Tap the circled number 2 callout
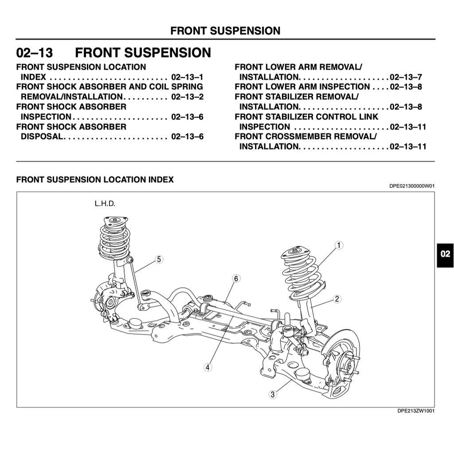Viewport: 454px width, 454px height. point(337,299)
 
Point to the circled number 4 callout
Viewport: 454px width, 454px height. point(207,367)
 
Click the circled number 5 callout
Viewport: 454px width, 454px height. point(159,259)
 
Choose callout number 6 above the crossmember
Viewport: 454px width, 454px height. point(236,278)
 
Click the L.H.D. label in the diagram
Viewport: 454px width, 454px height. point(105,204)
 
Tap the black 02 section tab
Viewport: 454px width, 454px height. point(445,254)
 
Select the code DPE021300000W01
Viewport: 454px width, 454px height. point(412,186)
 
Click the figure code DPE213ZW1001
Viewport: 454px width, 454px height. point(415,411)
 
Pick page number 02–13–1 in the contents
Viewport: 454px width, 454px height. point(187,77)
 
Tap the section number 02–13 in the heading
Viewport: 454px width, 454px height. point(35,53)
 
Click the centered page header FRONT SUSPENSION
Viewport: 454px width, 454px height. point(225,31)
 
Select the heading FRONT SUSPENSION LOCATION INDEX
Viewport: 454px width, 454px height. point(95,180)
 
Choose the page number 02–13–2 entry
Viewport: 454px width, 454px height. point(187,97)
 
